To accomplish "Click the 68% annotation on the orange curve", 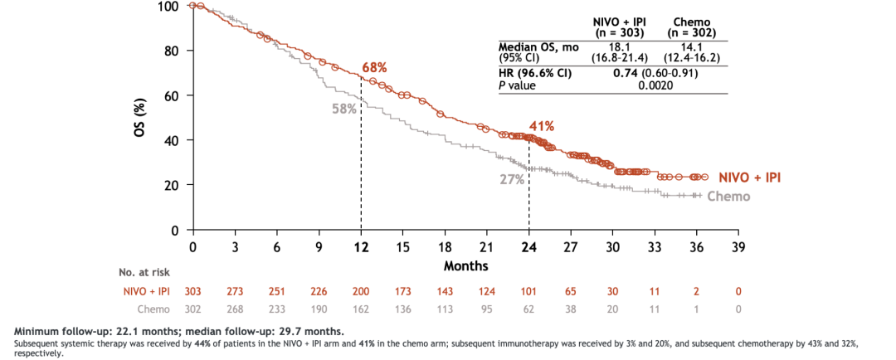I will point(374,67).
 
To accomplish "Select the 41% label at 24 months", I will point(542,126).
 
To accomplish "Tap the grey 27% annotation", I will point(512,179).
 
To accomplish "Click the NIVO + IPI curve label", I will point(751,178).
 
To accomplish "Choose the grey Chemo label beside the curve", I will point(728,197).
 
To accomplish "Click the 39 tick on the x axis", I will point(738,247).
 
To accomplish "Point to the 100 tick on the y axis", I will point(167,7).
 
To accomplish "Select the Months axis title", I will point(465,266).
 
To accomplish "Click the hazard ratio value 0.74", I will point(625,73).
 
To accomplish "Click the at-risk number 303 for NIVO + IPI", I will point(192,291).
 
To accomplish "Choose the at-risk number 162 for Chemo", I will point(361,309).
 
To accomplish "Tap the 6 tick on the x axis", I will point(276,247).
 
